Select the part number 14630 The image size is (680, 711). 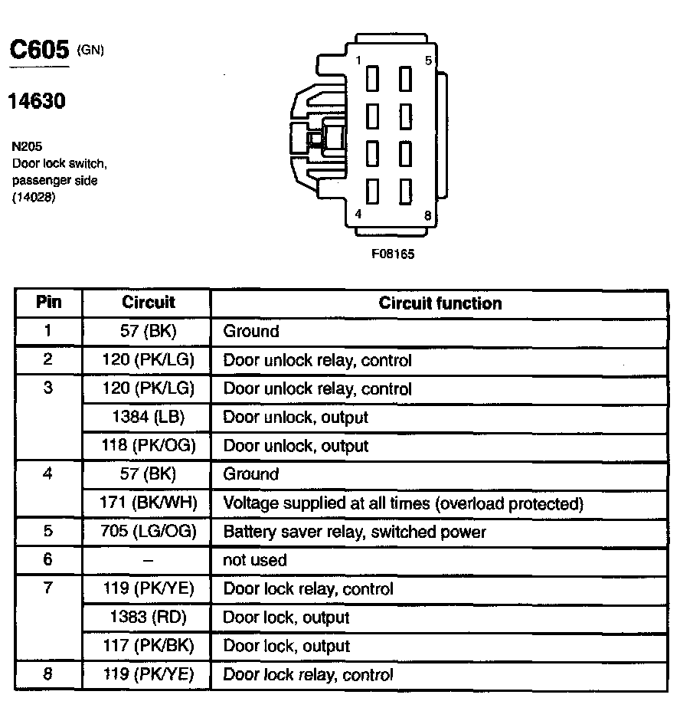37,101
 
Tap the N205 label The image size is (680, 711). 27,146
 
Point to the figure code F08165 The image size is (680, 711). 393,254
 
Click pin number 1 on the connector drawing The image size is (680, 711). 358,61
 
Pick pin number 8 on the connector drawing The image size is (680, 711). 427,215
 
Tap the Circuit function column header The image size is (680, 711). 440,303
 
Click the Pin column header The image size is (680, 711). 49,302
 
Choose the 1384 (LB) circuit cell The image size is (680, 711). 147,418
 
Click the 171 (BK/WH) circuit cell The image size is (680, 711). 148,503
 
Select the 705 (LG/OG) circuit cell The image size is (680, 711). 148,532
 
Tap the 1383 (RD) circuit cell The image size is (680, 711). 148,618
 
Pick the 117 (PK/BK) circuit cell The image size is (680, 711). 148,646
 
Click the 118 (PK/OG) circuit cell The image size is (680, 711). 148,446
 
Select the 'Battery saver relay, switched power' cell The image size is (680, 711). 354,532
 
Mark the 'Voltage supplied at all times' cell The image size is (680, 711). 403,503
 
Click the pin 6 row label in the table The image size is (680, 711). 48,559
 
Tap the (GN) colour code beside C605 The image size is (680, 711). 90,51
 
